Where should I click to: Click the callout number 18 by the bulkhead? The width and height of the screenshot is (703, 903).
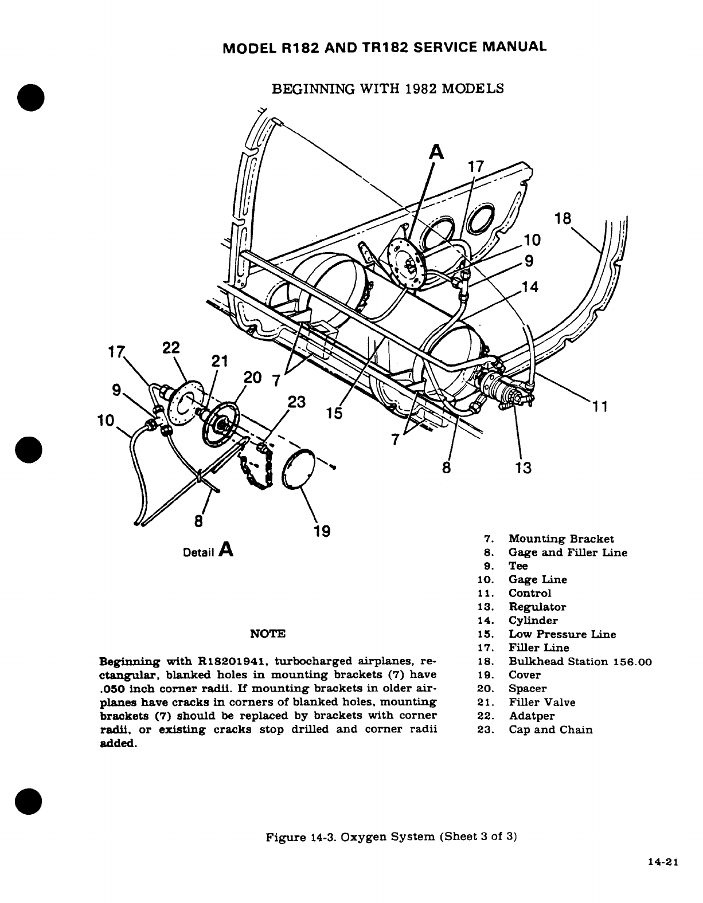564,219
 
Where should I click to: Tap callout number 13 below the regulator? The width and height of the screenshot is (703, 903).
523,468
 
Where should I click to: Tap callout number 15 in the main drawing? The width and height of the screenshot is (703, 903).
334,413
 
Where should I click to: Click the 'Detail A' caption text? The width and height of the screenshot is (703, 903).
208,551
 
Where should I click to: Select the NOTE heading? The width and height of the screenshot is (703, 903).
268,634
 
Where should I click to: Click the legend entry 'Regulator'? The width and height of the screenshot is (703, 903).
537,607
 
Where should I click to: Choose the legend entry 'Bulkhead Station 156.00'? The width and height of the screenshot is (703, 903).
580,661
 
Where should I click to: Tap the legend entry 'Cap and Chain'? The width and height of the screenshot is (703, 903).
550,729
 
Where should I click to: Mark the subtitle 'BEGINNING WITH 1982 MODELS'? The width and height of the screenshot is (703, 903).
388,89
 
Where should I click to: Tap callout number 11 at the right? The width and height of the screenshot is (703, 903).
599,406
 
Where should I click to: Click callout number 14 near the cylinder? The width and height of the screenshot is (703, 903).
530,287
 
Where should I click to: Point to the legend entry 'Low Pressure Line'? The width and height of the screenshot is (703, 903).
562,634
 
